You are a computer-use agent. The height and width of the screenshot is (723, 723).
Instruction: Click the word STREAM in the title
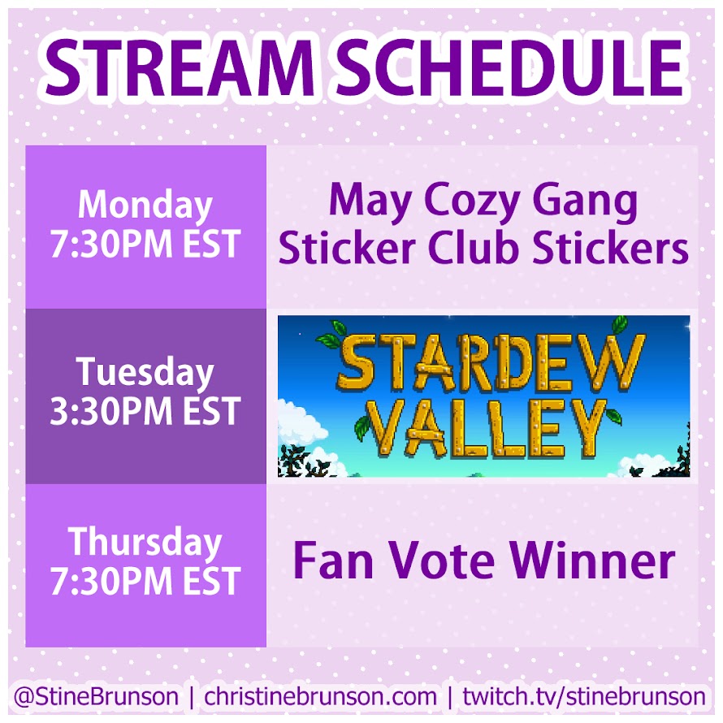pos(180,67)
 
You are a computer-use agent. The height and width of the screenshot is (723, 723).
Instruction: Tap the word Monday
pos(145,206)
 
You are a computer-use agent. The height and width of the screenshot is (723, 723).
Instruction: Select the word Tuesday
pos(145,373)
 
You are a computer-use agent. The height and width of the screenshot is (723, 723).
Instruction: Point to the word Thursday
pos(145,543)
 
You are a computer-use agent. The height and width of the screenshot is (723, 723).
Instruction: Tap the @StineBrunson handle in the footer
pos(96,696)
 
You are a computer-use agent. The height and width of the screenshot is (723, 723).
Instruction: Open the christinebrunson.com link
pos(320,696)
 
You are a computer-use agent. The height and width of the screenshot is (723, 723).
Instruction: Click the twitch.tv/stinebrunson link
pos(584,696)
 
